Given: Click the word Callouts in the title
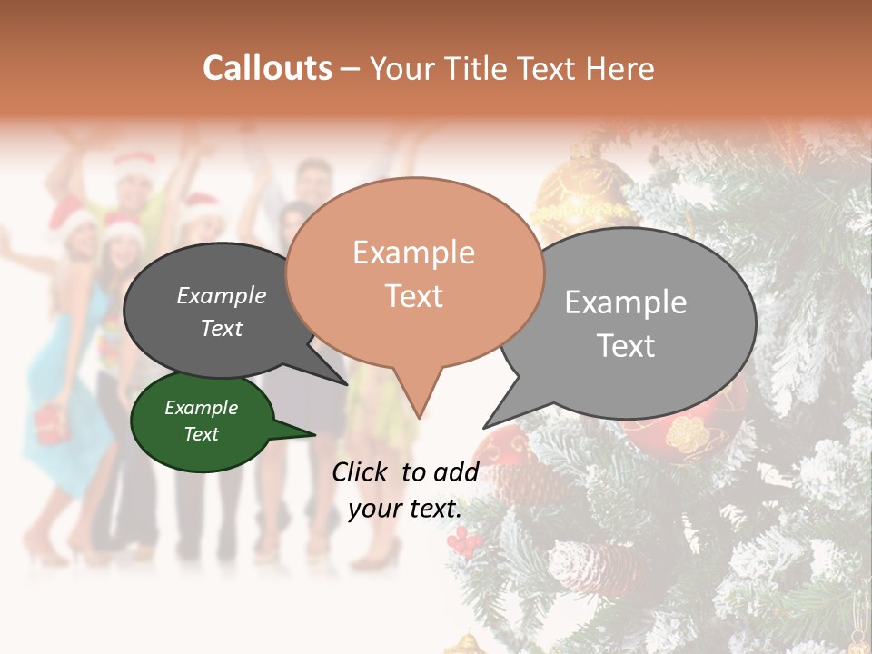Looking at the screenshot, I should tap(267, 68).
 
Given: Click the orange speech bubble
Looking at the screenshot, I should tap(413, 272).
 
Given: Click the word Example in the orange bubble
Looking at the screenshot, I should tap(413, 252).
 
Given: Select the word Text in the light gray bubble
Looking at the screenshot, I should tap(627, 345).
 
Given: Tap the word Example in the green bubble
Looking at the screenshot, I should tap(202, 408).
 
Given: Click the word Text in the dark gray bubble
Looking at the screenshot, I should tap(222, 329).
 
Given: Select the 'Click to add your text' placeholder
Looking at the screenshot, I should tap(405, 490).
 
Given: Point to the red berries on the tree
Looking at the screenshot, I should tap(465, 542).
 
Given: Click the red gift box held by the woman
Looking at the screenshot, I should tap(53, 423).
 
